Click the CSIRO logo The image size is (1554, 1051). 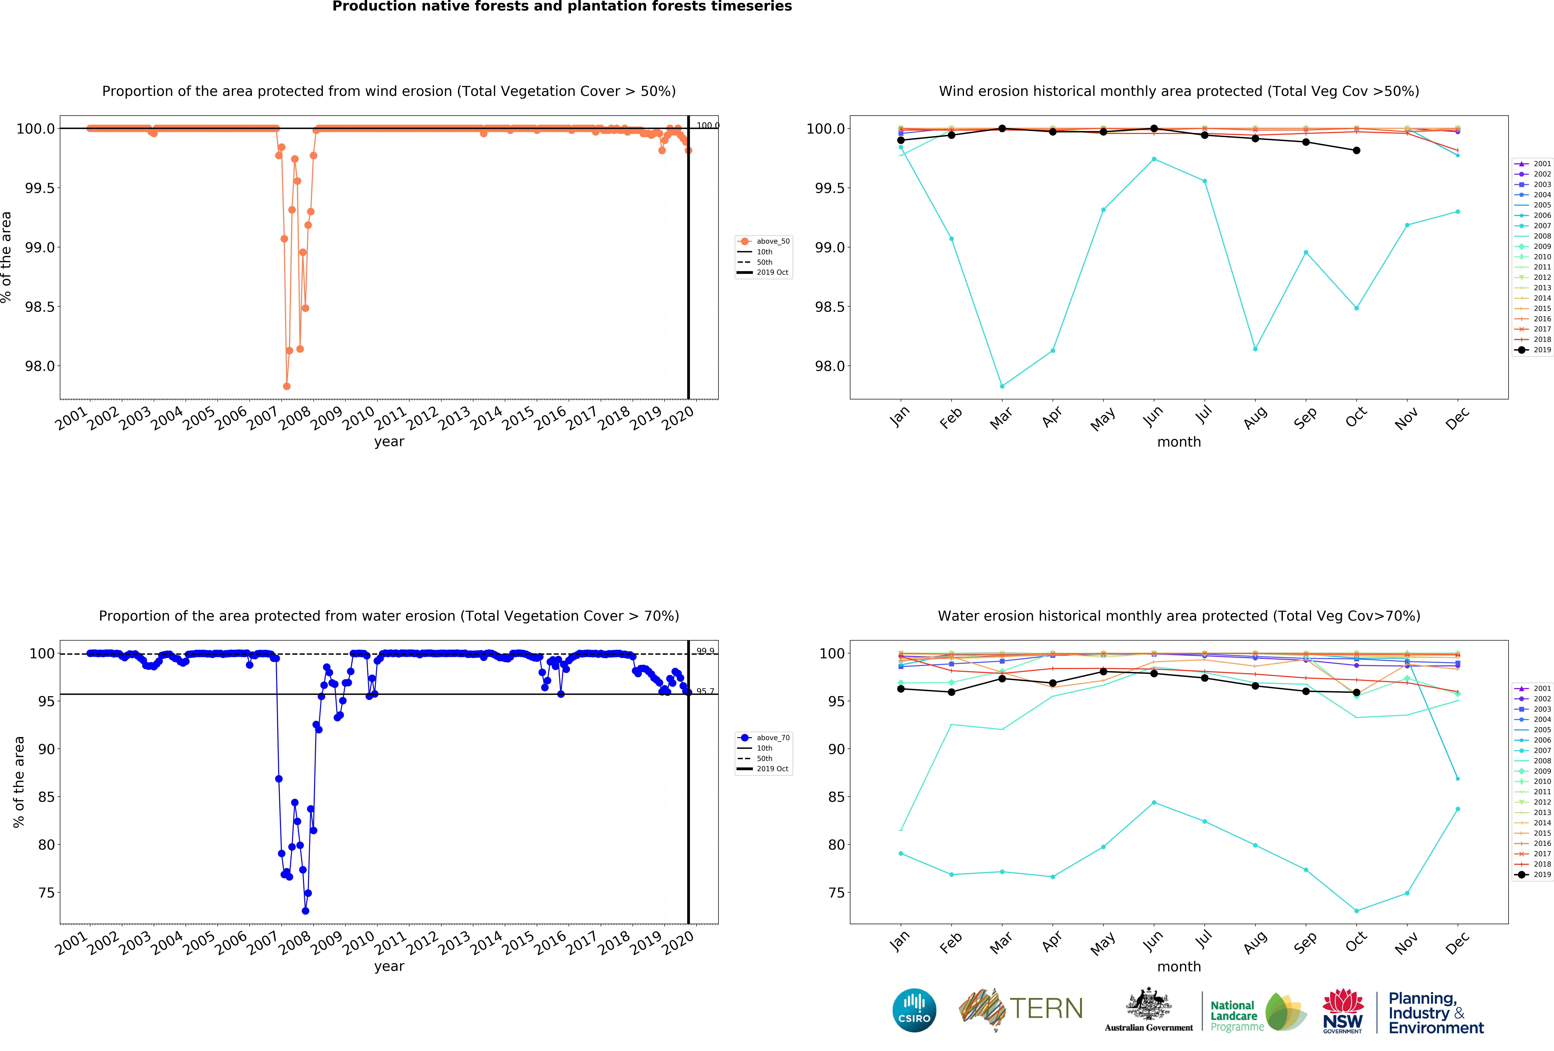914,1010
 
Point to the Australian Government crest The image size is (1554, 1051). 1148,1003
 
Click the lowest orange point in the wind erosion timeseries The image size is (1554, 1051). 287,386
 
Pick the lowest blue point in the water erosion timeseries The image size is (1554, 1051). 306,911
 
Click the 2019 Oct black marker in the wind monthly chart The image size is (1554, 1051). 1356,151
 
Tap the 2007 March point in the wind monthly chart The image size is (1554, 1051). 1002,386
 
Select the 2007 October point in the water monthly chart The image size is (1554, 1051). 1356,911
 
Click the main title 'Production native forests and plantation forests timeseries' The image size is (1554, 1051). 562,7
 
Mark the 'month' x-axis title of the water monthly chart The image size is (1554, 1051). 1179,967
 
